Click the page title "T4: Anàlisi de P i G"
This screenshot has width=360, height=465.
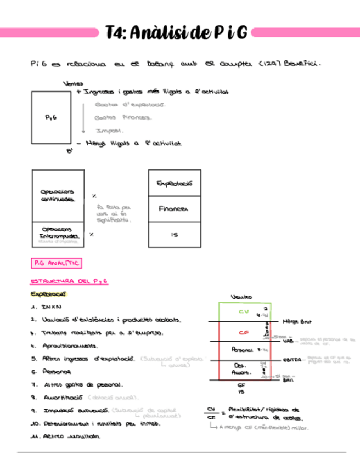(177, 33)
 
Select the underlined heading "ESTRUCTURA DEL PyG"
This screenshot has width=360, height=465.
(69, 281)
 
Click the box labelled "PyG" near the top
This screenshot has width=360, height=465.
(50, 117)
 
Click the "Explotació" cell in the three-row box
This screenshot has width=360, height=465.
(174, 183)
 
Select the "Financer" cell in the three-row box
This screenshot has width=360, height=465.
(174, 209)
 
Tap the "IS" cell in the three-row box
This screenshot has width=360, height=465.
(174, 235)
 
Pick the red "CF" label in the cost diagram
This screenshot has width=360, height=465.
(244, 332)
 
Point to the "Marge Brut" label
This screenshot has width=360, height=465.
(297, 321)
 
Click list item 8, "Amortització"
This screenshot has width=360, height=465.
(61, 397)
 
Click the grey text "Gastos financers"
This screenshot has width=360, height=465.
(123, 117)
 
